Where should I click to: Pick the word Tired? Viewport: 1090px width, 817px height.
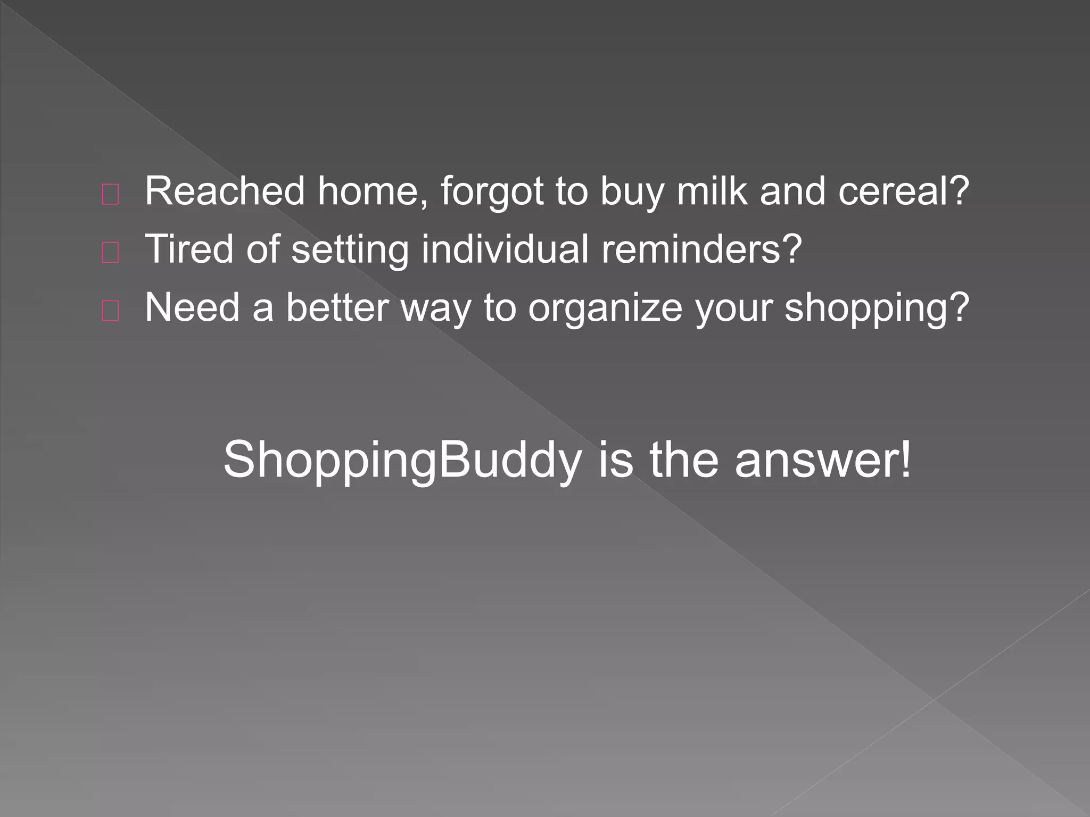tap(188, 249)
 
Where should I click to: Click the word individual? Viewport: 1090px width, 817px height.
tap(505, 249)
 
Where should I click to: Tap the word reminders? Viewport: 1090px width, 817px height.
tap(700, 249)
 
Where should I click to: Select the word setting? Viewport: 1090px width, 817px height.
tap(350, 250)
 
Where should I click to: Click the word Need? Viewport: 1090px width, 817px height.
tap(192, 307)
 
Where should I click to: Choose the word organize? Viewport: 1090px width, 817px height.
tap(605, 309)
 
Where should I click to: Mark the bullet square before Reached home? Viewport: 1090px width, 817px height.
tap(110, 196)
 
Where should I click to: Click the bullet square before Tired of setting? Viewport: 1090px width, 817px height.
tap(110, 254)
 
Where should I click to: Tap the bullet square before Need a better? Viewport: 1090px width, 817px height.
tap(110, 312)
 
